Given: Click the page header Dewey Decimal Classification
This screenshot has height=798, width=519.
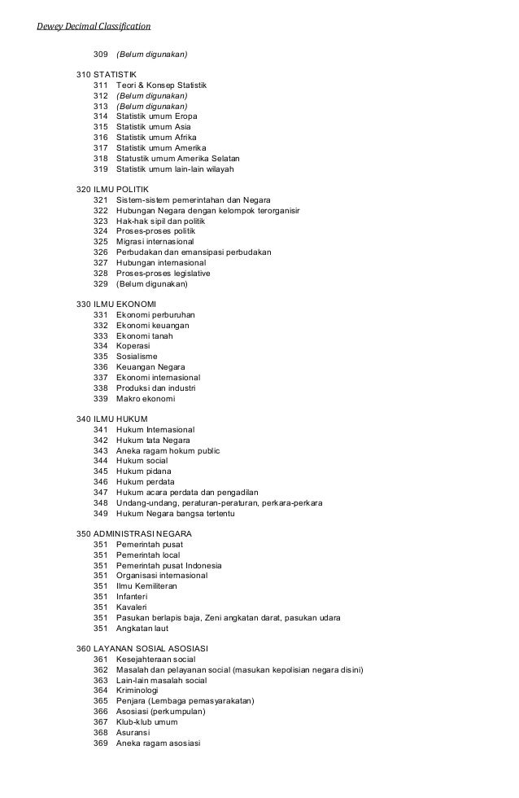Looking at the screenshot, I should tap(94, 26).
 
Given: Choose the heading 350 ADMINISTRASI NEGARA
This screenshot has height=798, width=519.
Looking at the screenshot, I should tap(134, 534).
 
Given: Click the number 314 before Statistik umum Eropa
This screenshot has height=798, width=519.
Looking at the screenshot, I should tap(101, 116).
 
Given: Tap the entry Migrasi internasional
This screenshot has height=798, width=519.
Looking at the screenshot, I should tap(155, 242).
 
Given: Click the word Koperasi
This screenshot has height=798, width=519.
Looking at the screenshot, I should tap(133, 346).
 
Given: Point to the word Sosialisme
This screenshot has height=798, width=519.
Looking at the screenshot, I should tap(137, 357).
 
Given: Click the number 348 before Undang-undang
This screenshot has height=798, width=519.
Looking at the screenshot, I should tap(101, 503).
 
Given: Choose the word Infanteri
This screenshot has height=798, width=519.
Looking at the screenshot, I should tap(132, 597).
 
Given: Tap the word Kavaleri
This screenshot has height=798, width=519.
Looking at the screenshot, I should tap(132, 607).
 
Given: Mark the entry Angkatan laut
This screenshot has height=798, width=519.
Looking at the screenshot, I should tap(143, 628).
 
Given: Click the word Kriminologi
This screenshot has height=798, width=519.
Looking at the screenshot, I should tap(138, 691).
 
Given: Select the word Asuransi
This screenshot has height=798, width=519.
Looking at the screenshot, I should tap(133, 733).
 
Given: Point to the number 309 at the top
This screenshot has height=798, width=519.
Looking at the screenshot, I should tap(101, 55).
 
